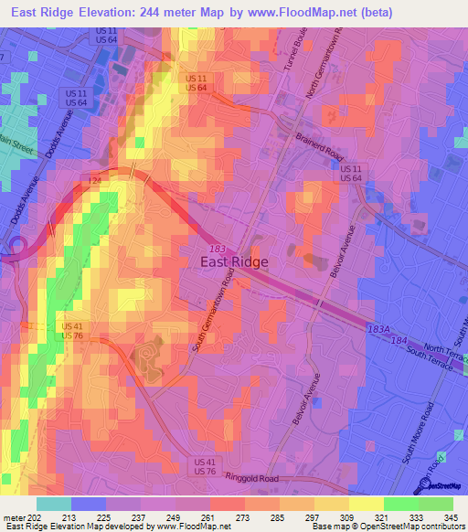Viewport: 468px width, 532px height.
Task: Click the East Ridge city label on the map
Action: tap(234, 261)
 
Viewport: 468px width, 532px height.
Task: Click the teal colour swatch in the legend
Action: tap(53, 504)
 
